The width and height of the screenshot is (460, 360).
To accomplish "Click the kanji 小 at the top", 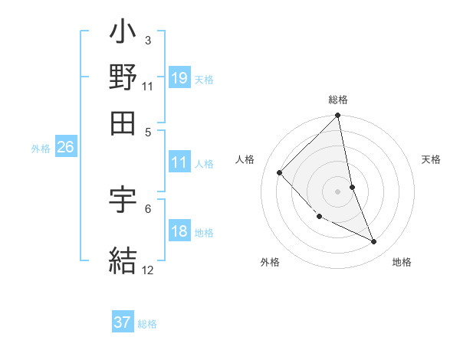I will [123, 35].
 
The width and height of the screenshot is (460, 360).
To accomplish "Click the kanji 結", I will [123, 259].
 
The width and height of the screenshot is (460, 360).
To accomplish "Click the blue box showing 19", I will [179, 77].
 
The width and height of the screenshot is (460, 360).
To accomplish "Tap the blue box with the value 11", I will [179, 162].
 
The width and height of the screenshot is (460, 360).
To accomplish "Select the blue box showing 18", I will [179, 231].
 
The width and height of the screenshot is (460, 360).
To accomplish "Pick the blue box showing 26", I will [65, 147].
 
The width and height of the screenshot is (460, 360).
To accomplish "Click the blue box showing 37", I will [123, 322].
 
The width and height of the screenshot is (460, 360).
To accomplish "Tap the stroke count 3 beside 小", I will [147, 40].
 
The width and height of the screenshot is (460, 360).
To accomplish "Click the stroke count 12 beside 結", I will [148, 270].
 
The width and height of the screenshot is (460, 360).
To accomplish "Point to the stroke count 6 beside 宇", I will [147, 208].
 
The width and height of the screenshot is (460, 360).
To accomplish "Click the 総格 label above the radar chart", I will [338, 100].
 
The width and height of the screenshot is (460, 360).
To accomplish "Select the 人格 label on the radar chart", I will [245, 159].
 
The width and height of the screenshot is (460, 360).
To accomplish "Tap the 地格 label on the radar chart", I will [402, 263].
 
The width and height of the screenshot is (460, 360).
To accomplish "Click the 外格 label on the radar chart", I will [270, 263].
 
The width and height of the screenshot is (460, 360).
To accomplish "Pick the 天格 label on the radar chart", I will [431, 159].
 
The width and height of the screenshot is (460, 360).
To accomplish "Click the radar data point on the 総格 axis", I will [338, 116].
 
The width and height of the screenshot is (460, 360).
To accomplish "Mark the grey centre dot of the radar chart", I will [338, 191].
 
